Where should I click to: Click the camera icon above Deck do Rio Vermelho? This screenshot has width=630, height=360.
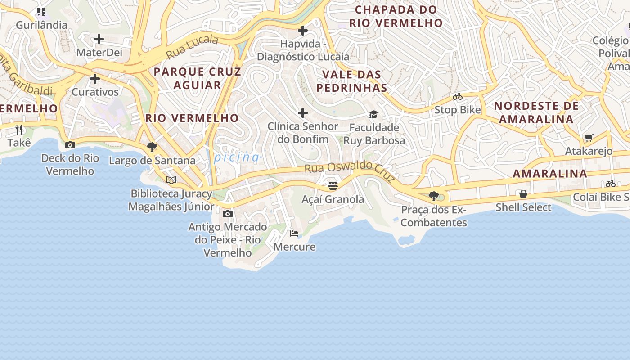(70, 145)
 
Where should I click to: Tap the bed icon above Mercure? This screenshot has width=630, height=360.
(294, 233)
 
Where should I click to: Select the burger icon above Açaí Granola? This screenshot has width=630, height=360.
(333, 185)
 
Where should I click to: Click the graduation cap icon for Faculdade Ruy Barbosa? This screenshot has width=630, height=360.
(373, 114)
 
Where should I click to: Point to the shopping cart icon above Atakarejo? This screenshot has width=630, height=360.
(589, 138)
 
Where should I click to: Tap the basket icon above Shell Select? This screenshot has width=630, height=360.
(523, 194)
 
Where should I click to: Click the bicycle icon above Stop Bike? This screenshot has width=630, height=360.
(458, 96)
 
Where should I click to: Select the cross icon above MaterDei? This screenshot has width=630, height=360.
(99, 39)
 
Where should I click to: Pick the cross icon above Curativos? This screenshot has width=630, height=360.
(95, 79)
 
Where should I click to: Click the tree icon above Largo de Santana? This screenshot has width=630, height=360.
(152, 147)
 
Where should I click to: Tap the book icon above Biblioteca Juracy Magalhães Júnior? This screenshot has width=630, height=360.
(171, 180)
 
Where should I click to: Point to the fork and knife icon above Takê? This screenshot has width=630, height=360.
(19, 130)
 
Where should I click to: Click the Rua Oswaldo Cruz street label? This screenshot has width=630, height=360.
(350, 171)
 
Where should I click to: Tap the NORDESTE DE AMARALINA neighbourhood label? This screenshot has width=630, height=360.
(536, 112)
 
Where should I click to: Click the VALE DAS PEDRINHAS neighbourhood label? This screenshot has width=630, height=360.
(352, 81)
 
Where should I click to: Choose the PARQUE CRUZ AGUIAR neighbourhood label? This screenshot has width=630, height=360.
(198, 78)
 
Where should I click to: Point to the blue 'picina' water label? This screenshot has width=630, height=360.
(237, 157)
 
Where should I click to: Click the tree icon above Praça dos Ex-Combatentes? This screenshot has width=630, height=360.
(434, 196)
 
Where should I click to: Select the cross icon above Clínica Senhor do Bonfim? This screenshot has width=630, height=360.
(303, 112)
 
